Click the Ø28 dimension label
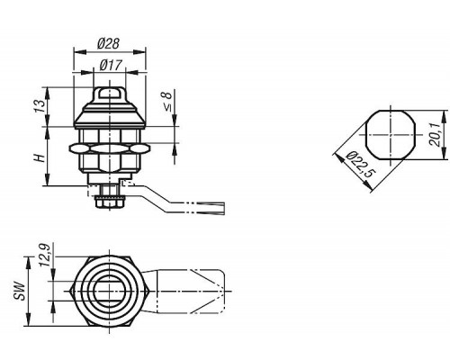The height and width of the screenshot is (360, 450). click(108, 44)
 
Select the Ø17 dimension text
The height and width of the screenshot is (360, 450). click(111, 65)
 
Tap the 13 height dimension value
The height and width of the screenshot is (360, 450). click(40, 106)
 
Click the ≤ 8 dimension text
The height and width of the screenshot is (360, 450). click(166, 102)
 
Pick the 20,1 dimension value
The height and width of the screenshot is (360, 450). click(435, 134)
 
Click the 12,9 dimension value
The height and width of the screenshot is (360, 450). click(45, 255)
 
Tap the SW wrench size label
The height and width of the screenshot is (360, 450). click(20, 291)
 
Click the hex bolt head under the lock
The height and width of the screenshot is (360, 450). click(110, 203)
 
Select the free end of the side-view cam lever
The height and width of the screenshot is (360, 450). click(224, 209)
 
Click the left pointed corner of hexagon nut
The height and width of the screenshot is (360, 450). click(70, 292)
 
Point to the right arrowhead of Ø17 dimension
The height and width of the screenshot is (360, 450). click(132, 72)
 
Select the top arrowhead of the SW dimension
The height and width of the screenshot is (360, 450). click(28, 263)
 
